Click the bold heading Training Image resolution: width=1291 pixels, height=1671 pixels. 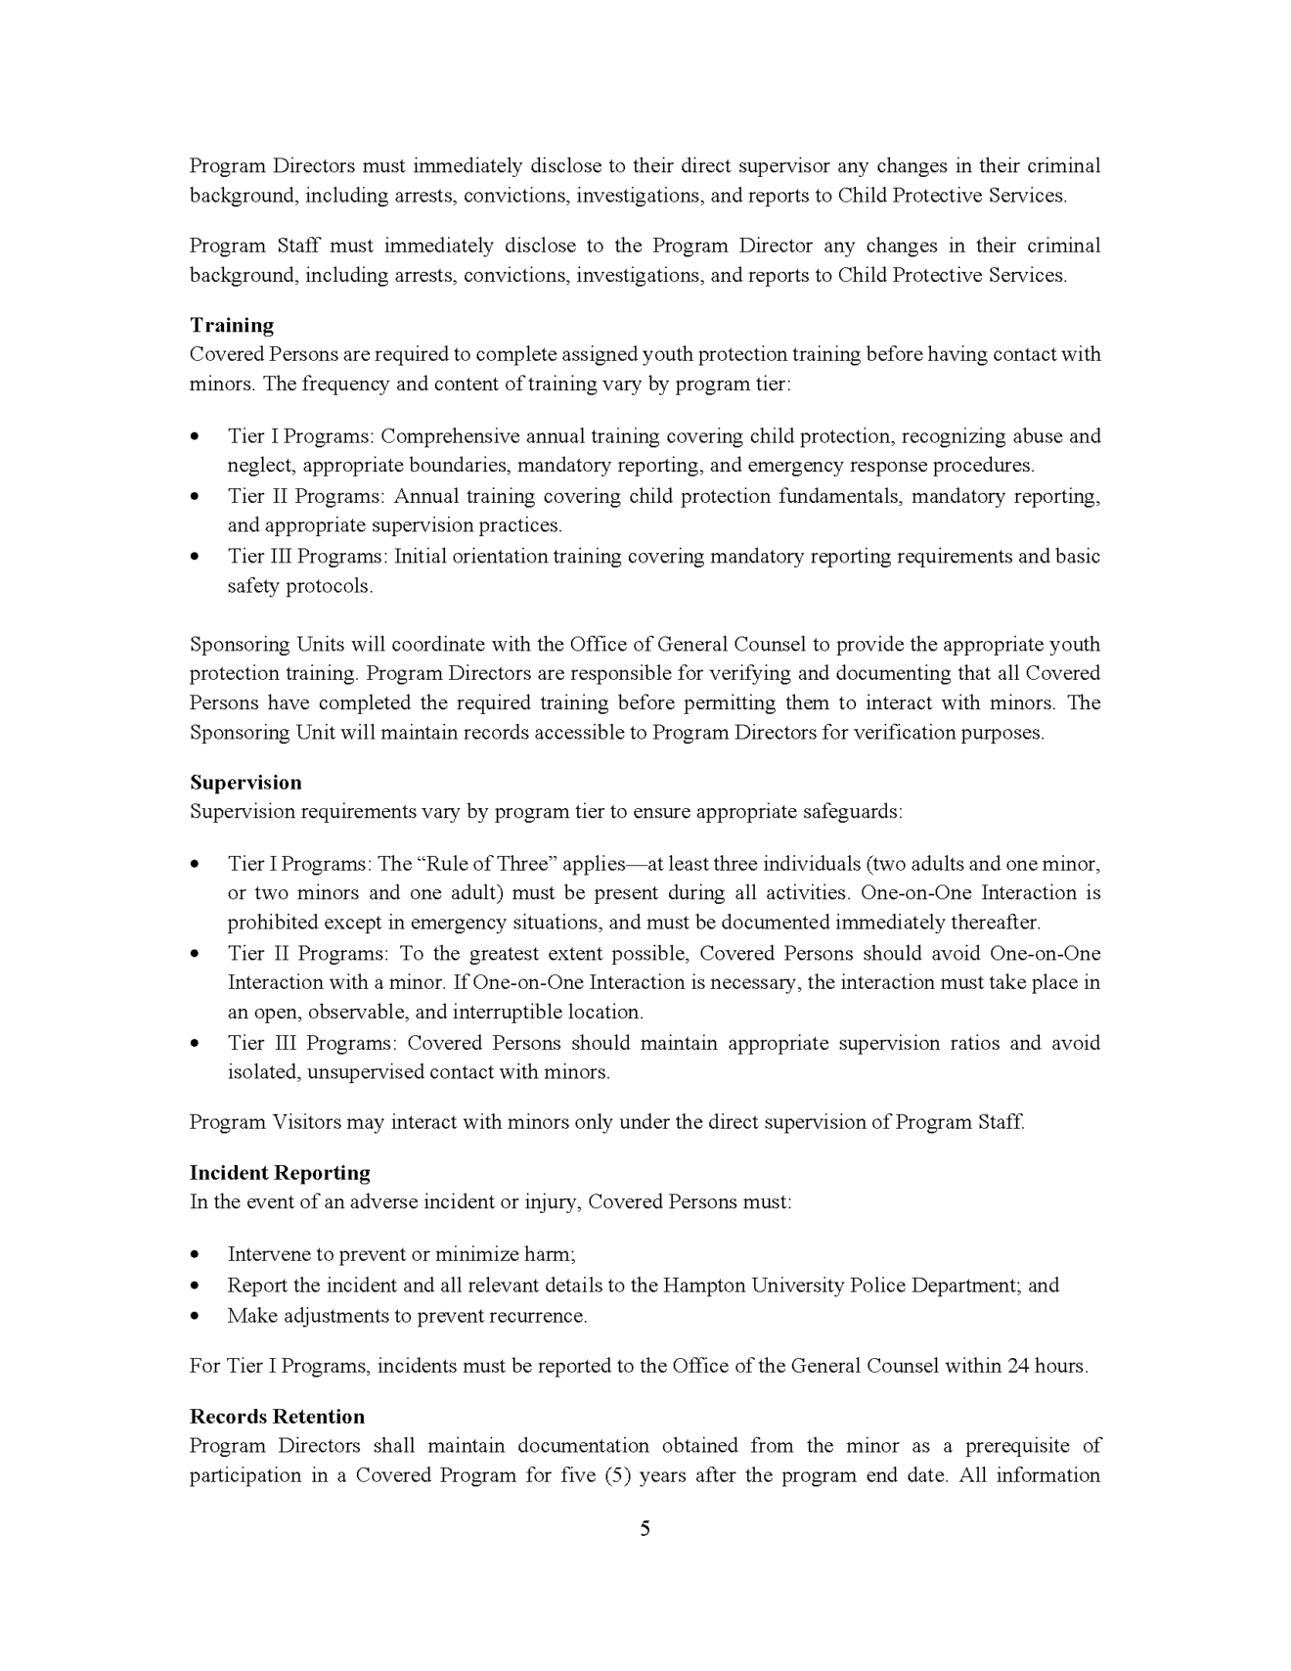click(x=232, y=325)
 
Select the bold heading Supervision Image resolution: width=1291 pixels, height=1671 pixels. click(x=245, y=782)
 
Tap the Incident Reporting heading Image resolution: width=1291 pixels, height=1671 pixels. click(x=280, y=1172)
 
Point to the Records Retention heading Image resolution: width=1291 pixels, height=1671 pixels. click(x=277, y=1416)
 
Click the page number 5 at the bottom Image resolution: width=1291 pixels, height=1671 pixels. click(x=645, y=1528)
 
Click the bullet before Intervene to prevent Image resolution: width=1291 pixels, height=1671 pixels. click(x=196, y=1254)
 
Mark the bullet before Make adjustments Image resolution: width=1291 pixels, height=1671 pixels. click(x=196, y=1316)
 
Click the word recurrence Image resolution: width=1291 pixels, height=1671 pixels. click(x=542, y=1316)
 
